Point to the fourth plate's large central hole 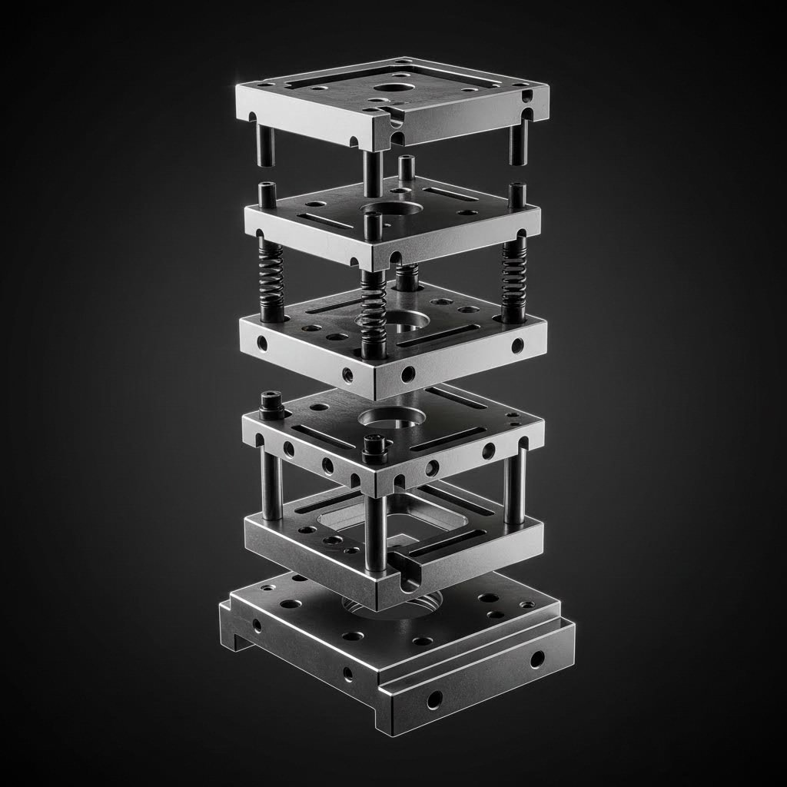tap(392, 417)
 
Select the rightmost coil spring tap(513, 277)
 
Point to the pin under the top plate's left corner tap(266, 146)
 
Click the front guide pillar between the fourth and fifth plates tap(376, 530)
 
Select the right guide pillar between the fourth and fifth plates tap(515, 484)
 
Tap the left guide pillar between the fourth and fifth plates tap(271, 484)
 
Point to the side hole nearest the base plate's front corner tap(435, 699)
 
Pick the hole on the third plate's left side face tap(263, 343)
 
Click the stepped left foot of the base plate tap(238, 626)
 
